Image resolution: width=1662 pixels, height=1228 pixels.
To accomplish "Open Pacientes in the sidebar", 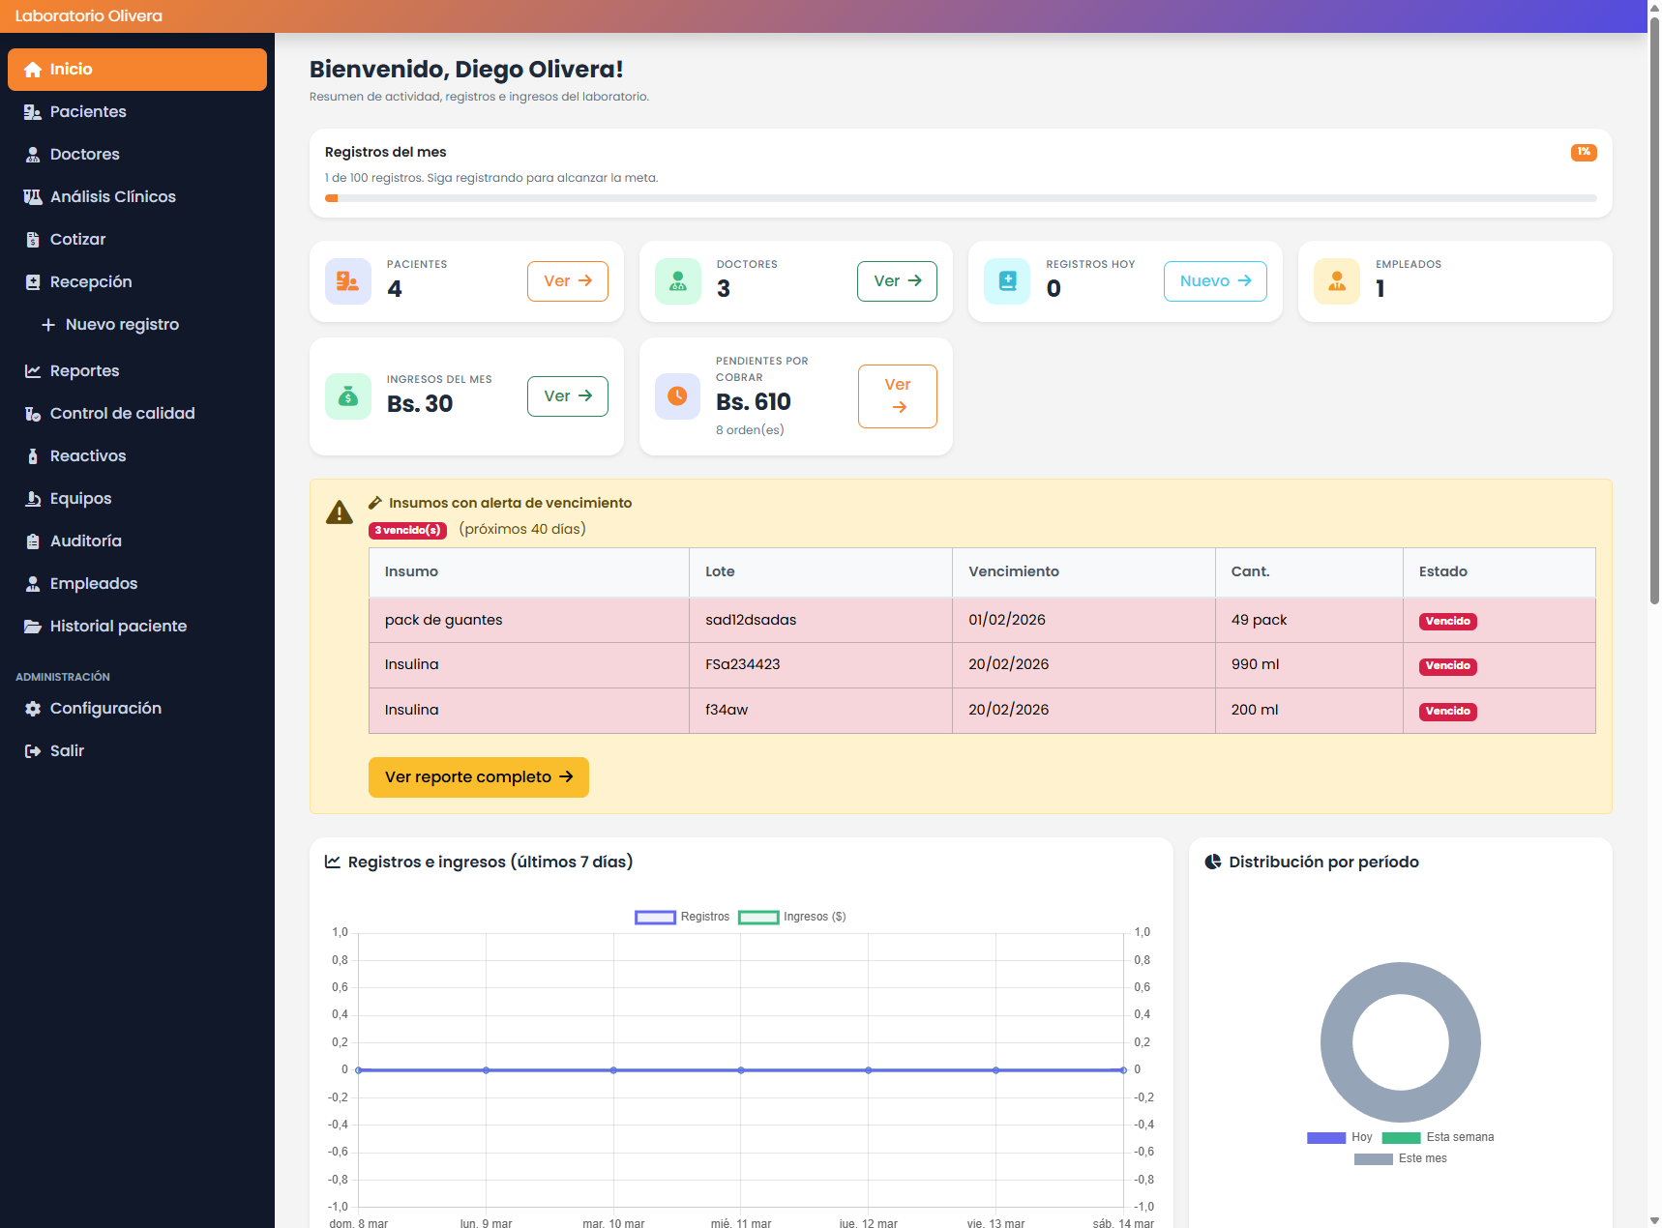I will [88, 112].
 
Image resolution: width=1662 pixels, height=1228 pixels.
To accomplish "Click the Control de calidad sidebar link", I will [122, 414].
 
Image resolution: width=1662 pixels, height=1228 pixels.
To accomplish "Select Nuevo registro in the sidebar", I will [122, 325].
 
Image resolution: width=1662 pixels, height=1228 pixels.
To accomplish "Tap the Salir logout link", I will [67, 751].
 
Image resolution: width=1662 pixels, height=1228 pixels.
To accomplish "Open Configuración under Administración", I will [105, 709].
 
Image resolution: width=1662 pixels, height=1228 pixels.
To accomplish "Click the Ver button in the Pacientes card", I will [567, 281].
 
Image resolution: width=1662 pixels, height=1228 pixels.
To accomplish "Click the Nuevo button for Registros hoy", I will [1214, 281].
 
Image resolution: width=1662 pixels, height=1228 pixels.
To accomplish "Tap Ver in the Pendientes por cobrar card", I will [897, 395].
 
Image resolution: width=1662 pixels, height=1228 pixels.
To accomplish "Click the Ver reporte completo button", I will [478, 777].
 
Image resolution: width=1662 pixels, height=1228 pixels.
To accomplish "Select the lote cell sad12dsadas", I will [751, 620].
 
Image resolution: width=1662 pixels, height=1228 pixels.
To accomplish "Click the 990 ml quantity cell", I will [1255, 664].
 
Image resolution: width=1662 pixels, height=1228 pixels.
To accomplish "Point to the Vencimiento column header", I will [1013, 571].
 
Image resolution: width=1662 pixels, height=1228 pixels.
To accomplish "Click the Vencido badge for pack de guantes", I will [1447, 621].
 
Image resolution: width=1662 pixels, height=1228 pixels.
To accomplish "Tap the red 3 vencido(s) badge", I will [407, 530].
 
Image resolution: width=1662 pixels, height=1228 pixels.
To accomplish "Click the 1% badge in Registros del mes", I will [1583, 152].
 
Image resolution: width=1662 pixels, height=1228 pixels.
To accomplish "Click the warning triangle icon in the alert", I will [340, 512].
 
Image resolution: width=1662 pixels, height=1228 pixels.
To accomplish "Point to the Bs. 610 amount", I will [753, 402].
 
